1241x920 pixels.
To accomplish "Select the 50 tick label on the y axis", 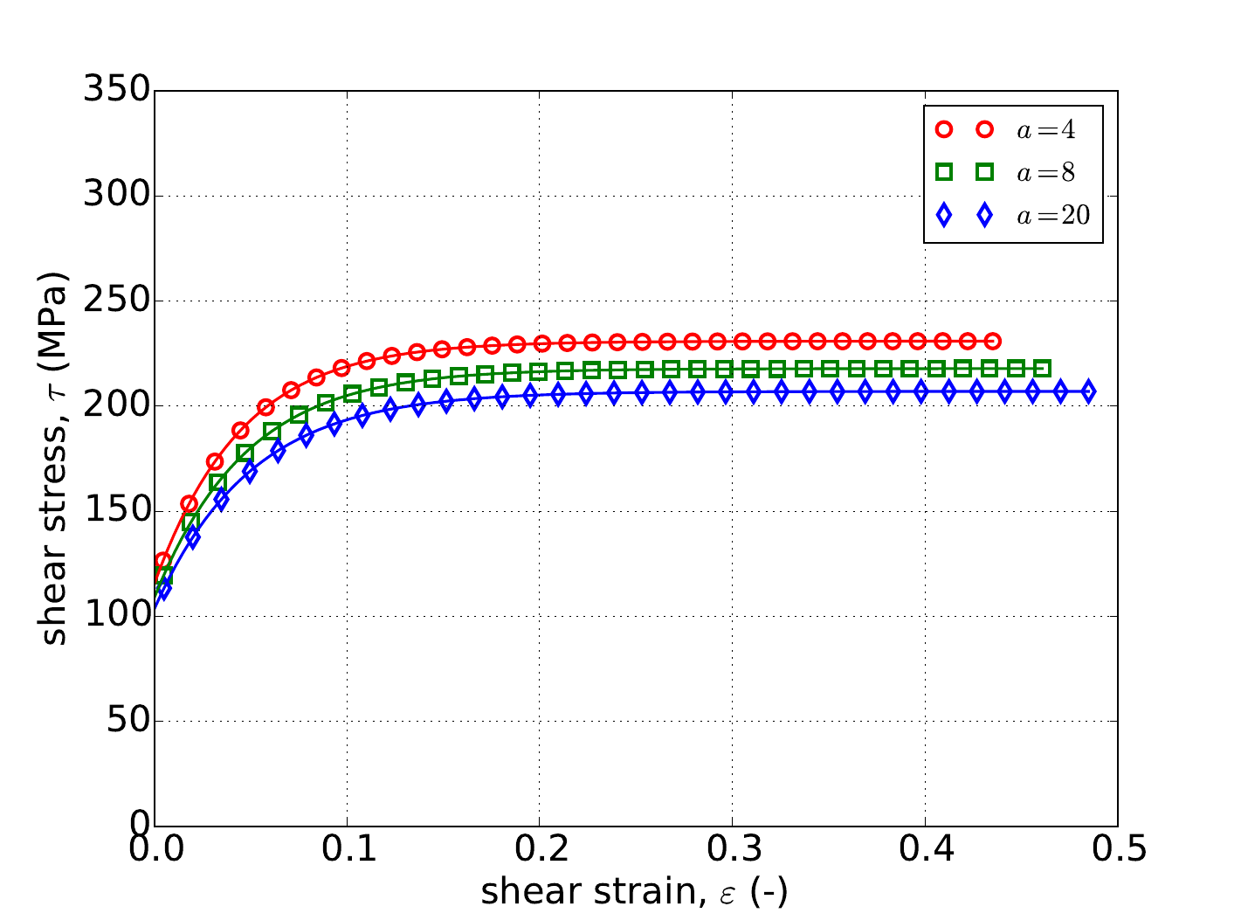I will tap(126, 722).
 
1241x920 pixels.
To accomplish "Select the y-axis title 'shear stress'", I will tap(54, 458).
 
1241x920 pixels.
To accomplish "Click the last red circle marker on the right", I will tap(992, 341).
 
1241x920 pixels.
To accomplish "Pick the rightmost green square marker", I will tap(1042, 369).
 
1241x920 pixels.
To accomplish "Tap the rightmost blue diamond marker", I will tap(1088, 391).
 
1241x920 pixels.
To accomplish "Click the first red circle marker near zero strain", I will tap(162, 561).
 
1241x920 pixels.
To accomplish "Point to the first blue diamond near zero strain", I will tap(163, 589).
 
